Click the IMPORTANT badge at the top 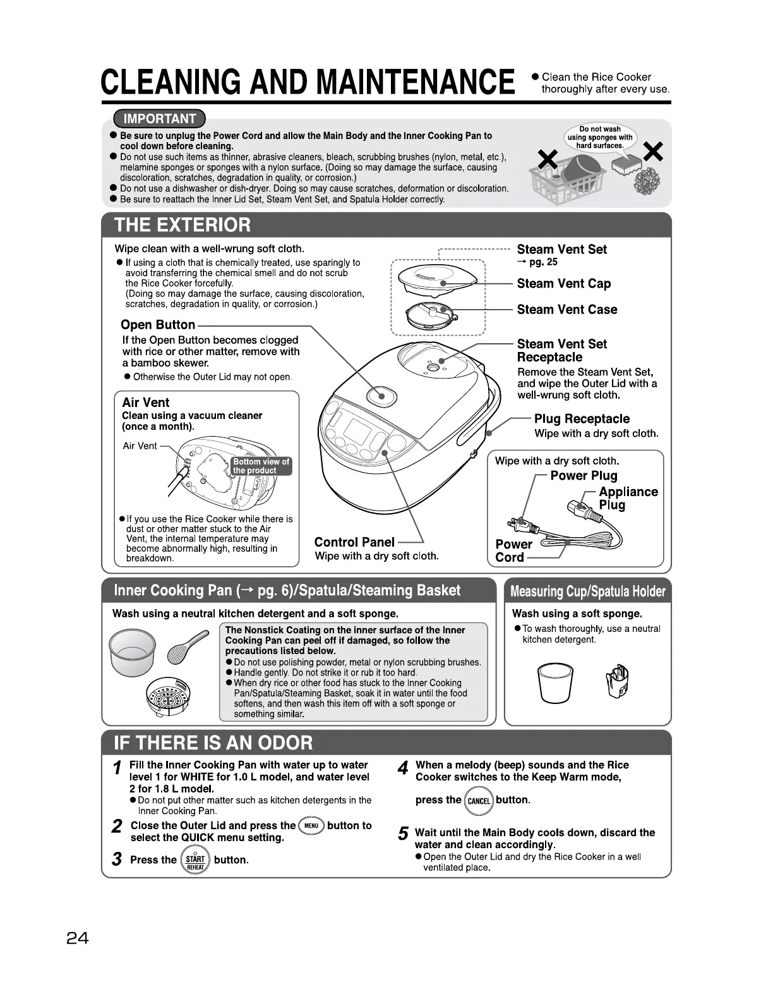[x=160, y=119]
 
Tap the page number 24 [x=78, y=938]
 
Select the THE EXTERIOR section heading [x=182, y=225]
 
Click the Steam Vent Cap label [x=563, y=284]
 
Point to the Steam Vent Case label [x=566, y=310]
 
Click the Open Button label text [x=158, y=325]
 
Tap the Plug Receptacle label [x=582, y=419]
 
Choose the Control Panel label [x=354, y=542]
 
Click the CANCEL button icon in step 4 [x=479, y=801]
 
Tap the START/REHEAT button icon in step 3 [x=195, y=860]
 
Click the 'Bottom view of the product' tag [x=261, y=466]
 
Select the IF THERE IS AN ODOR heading [x=213, y=742]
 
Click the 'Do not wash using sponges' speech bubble [x=599, y=137]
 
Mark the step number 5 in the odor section [x=402, y=834]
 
